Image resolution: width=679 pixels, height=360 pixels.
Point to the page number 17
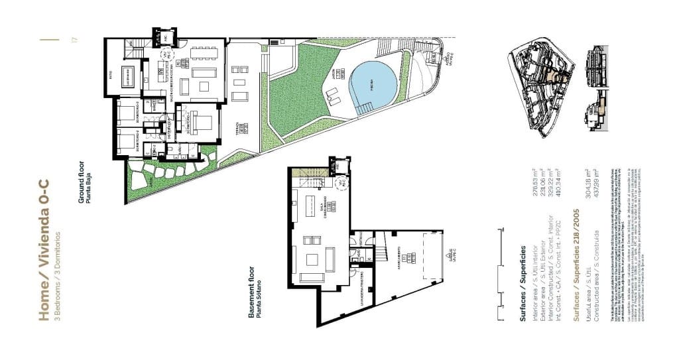pyautogui.click(x=75, y=40)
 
